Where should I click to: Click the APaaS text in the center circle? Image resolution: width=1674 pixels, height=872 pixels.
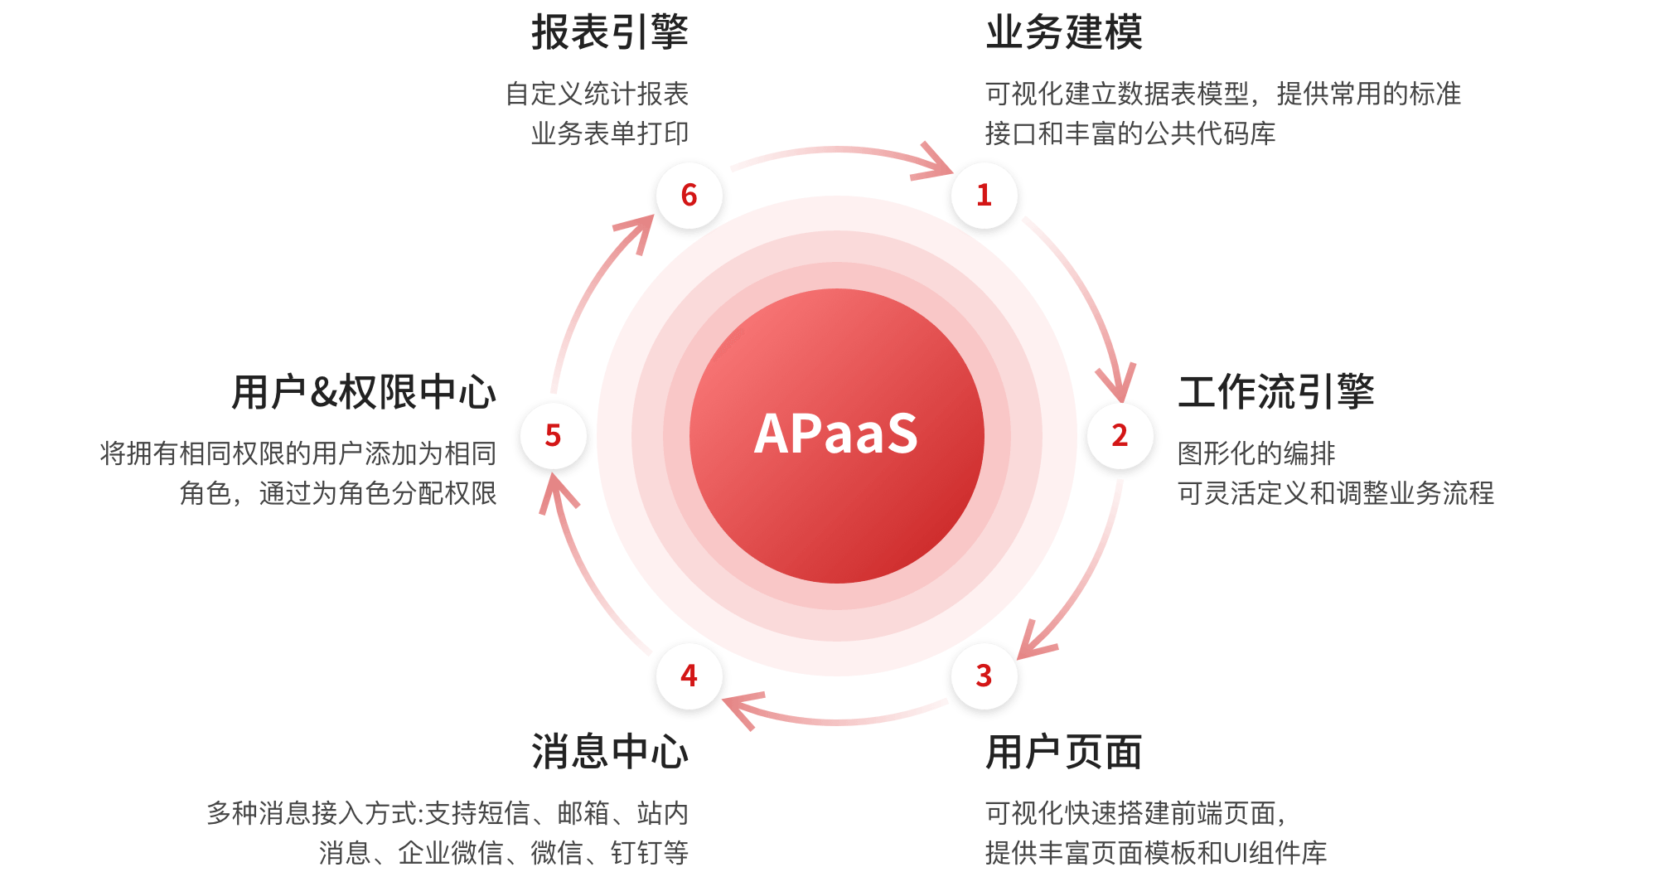[x=836, y=434]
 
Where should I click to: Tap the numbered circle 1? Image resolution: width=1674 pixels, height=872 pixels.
[x=985, y=196]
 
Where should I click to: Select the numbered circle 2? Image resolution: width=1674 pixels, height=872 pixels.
[x=1120, y=436]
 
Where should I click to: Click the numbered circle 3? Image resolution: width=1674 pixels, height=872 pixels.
[x=985, y=676]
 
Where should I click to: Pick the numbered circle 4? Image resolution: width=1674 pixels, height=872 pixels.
[x=689, y=676]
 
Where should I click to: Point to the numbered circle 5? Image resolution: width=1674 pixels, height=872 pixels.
[x=554, y=436]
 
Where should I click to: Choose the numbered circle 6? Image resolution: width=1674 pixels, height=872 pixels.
[x=689, y=196]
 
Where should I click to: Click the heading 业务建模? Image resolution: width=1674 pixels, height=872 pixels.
[x=1064, y=33]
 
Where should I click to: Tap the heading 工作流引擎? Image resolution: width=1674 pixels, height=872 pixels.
[x=1276, y=392]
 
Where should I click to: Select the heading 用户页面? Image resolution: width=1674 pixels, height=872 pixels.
[x=1064, y=752]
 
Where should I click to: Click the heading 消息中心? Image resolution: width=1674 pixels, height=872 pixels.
[x=610, y=752]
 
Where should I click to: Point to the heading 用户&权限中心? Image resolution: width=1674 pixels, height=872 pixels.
[x=364, y=392]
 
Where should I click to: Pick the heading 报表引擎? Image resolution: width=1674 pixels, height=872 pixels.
[x=610, y=33]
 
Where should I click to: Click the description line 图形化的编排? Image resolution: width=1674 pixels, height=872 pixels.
[x=1256, y=453]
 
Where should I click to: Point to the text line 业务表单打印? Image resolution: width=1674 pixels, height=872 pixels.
[x=610, y=133]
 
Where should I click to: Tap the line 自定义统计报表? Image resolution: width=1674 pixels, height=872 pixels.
[x=598, y=94]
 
